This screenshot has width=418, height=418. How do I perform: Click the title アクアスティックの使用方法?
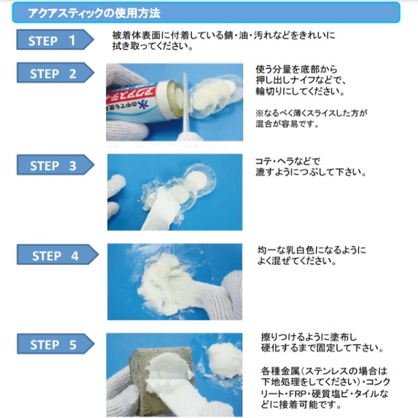coord(94,13)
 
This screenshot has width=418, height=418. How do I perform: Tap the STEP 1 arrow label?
coord(55,40)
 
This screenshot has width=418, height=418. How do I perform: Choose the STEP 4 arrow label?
coord(58,254)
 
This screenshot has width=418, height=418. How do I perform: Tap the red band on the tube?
coord(132,93)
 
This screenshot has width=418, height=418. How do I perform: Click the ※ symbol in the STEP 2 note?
coord(259,113)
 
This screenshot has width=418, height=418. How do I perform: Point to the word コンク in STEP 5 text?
coord(378,382)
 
